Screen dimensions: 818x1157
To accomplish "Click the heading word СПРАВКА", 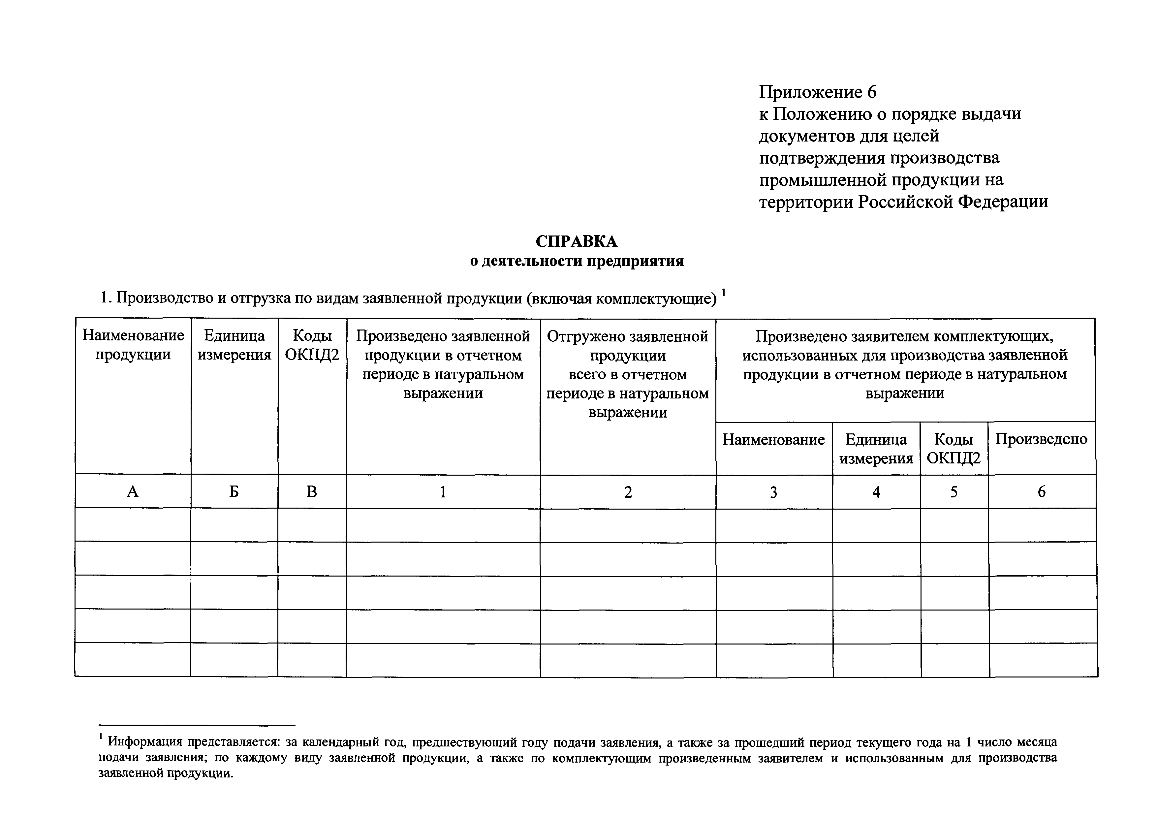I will click(x=577, y=241).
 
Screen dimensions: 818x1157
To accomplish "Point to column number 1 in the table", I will click(x=443, y=491).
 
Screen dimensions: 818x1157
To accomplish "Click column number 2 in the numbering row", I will click(x=628, y=492).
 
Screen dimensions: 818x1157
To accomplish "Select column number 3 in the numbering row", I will click(x=773, y=492).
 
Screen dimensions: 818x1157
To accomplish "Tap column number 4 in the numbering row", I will click(x=876, y=492).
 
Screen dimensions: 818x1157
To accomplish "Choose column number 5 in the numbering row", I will click(x=954, y=491).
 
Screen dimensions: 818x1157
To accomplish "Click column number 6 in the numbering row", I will click(x=1042, y=491).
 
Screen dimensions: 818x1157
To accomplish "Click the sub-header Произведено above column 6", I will click(x=1042, y=439).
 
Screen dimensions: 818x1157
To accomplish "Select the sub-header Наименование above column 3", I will click(x=773, y=439).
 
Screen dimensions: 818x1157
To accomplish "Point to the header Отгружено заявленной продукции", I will click(x=628, y=374).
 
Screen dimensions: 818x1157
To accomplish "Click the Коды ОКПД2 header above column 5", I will click(x=954, y=449).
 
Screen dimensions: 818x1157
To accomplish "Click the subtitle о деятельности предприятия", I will click(x=577, y=261).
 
